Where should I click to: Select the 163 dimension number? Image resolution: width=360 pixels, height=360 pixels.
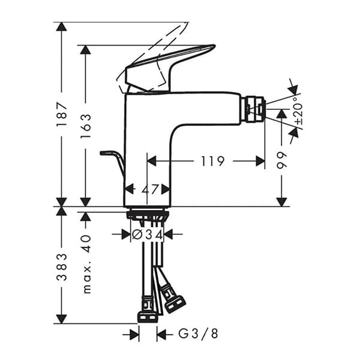point(86,126)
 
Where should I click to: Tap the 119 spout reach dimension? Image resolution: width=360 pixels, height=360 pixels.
point(212,161)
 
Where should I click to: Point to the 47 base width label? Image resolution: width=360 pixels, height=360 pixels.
point(148,189)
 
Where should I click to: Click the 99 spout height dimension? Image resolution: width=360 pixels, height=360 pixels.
point(282,159)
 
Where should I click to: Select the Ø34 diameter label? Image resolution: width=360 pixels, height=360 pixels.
point(148,235)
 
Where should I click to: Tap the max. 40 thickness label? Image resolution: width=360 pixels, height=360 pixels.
point(86,263)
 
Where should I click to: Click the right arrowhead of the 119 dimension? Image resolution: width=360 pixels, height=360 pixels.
point(260,161)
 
